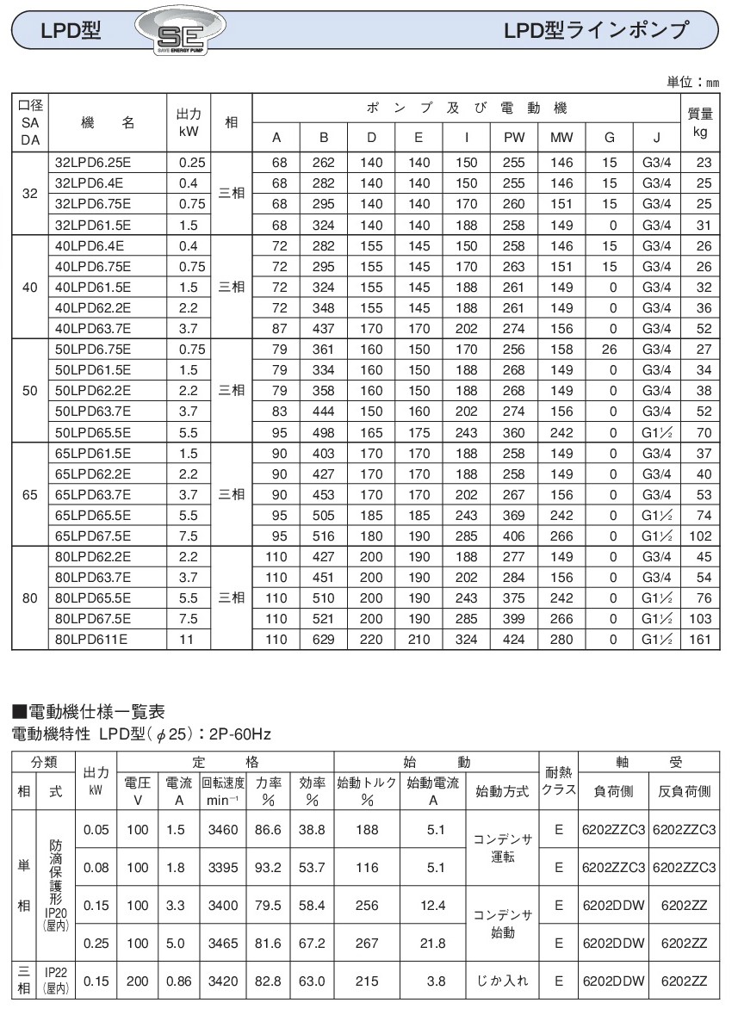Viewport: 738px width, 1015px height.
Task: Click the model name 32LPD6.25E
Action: pyautogui.click(x=94, y=161)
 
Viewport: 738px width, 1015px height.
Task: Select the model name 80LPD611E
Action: pyautogui.click(x=91, y=641)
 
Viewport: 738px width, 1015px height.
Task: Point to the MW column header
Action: pyautogui.click(x=561, y=137)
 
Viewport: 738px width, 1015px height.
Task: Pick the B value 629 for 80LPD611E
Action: pyautogui.click(x=324, y=641)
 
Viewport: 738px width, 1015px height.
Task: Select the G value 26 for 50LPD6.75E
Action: pyautogui.click(x=610, y=349)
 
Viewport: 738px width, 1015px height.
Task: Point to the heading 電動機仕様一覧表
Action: pyautogui.click(x=96, y=712)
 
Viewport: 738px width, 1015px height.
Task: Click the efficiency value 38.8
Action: pyautogui.click(x=311, y=832)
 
